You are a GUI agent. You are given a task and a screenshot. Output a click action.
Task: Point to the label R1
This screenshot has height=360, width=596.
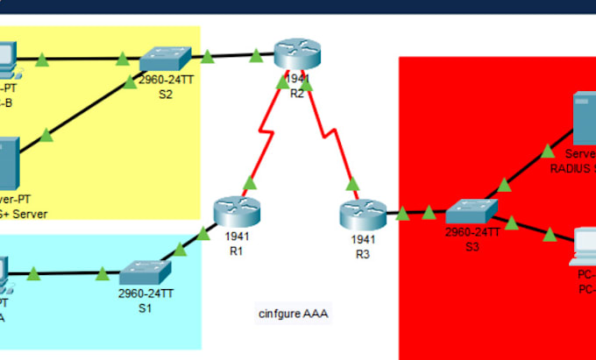click(x=235, y=251)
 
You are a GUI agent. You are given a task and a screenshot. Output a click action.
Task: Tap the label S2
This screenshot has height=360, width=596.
click(x=166, y=95)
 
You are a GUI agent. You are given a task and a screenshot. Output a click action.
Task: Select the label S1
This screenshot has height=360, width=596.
click(x=145, y=308)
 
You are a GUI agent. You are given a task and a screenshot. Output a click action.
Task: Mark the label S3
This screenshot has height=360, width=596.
click(x=472, y=246)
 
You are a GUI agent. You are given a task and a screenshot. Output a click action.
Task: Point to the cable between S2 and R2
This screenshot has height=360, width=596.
click(x=231, y=57)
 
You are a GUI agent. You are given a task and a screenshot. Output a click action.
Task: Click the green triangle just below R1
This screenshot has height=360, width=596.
click(x=249, y=183)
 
